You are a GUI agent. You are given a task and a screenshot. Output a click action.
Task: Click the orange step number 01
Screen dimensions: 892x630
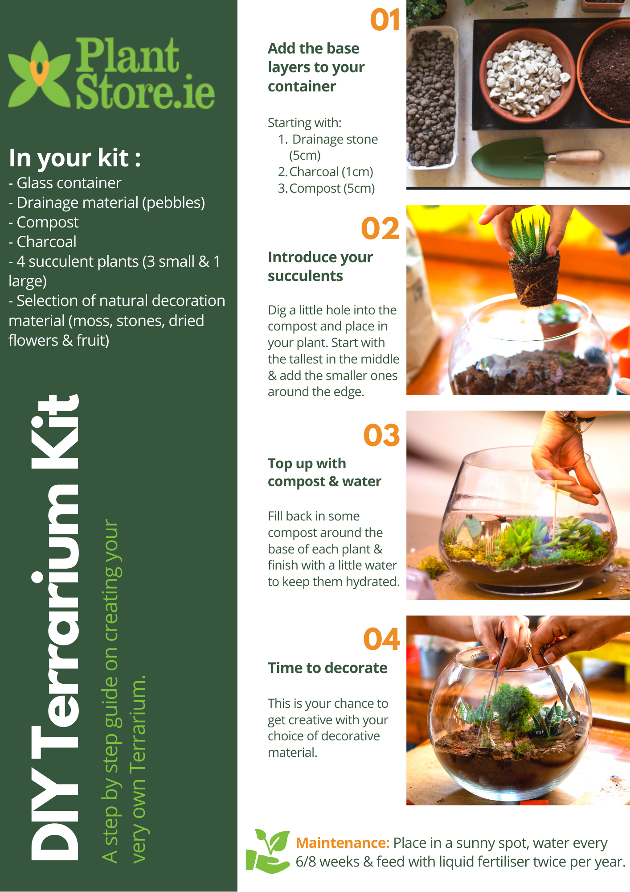pos(385,21)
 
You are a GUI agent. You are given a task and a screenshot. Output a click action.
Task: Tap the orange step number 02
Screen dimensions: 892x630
pos(380,229)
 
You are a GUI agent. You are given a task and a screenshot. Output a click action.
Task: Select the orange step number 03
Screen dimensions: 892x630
pos(381,435)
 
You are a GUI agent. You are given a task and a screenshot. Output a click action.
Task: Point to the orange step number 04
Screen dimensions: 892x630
pos(381,640)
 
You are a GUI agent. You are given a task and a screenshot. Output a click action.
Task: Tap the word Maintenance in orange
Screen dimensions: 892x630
pos(342,843)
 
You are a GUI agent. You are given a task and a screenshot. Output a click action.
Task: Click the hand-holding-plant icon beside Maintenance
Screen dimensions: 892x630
pos(268,851)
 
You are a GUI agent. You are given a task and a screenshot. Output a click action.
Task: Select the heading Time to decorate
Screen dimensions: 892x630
pos(327,668)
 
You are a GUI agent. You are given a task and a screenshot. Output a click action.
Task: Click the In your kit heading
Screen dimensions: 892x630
pos(75,158)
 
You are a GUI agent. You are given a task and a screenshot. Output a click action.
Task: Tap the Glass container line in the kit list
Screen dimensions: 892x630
pos(65,183)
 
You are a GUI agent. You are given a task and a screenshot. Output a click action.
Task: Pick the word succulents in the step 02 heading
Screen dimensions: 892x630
pos(305,276)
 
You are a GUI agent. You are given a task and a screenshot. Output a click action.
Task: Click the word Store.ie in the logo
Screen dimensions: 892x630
pos(145,93)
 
